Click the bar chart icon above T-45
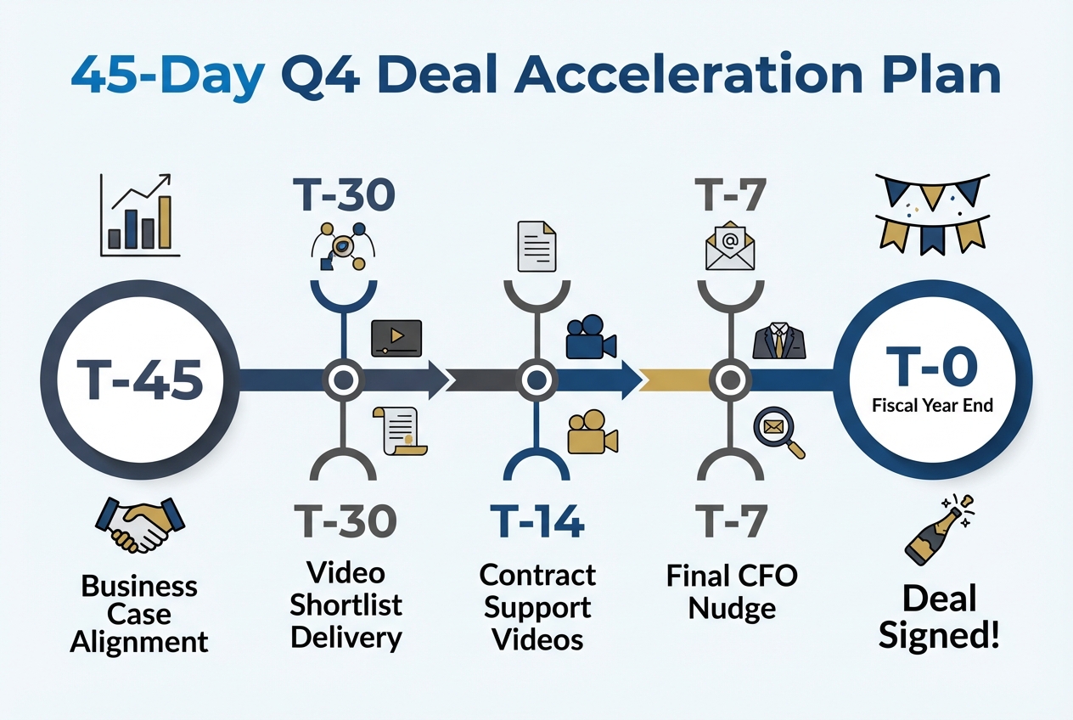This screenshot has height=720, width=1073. pos(140,215)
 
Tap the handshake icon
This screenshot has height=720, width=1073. pos(140,526)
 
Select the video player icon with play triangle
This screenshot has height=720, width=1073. pos(396,339)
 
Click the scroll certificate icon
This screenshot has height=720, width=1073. pos(400,431)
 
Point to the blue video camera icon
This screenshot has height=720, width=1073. pos(591,337)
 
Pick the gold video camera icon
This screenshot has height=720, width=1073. pos(593,431)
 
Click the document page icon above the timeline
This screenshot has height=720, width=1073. pos(537,246)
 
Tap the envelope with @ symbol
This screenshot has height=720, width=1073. pos(730,245)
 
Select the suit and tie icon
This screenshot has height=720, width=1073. pos(779,341)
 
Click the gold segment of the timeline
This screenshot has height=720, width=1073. pos(676,380)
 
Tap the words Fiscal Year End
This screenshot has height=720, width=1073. pos(932,406)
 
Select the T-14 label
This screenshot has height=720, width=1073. pos(537,520)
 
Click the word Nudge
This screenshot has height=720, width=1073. pos(732,610)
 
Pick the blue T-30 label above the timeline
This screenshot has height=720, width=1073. pos(345,194)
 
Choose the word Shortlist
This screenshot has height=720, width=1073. pos(345,605)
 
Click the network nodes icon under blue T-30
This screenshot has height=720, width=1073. pos(343,247)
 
